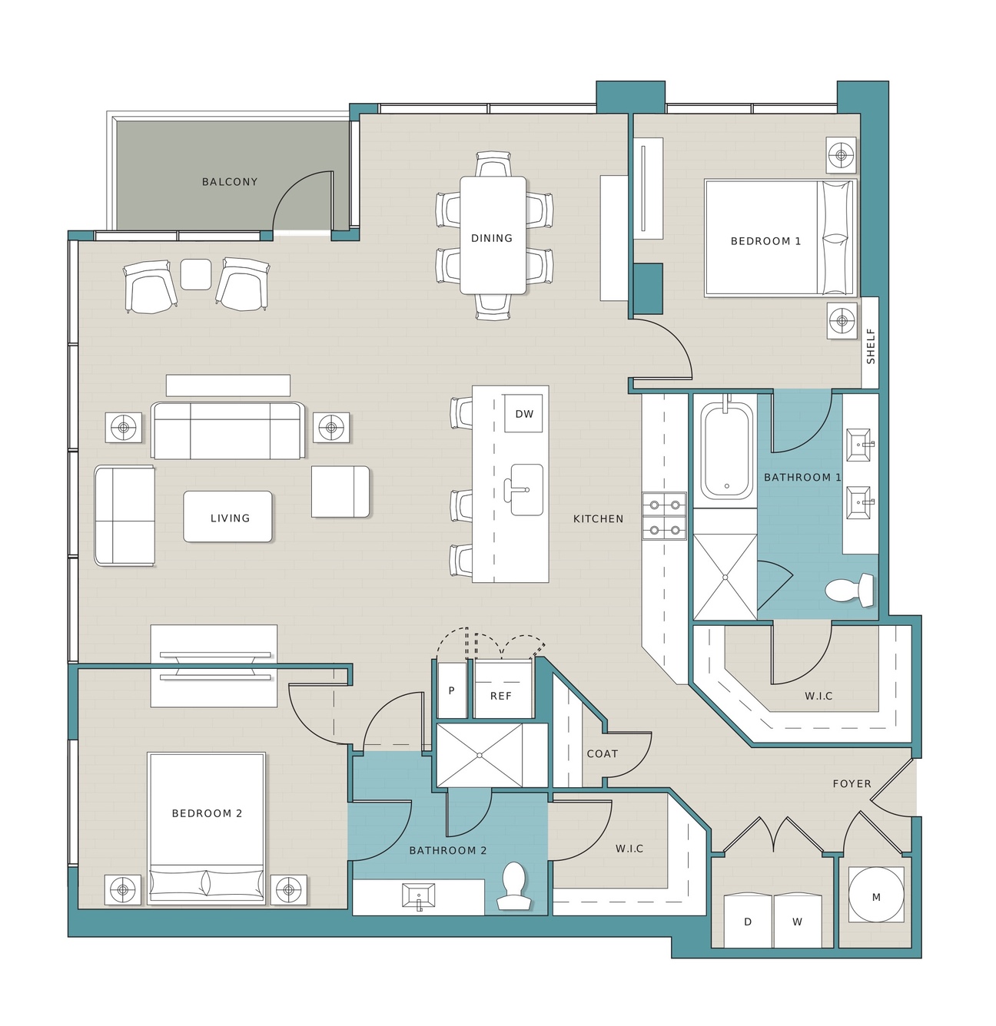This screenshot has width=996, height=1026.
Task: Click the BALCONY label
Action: [x=230, y=182]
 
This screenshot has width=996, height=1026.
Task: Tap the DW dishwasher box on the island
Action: [x=523, y=414]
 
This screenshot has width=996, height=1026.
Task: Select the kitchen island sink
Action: [x=526, y=490]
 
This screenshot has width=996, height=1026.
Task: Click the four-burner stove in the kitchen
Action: [x=664, y=516]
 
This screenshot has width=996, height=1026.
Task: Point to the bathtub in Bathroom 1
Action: [x=726, y=451]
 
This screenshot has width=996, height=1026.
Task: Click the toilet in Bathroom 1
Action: [x=848, y=590]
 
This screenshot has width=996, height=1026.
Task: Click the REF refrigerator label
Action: [x=500, y=696]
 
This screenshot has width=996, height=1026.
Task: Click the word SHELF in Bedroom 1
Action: [x=871, y=346]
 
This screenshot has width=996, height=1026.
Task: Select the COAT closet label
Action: [x=602, y=754]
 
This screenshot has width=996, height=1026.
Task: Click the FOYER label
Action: [x=852, y=784]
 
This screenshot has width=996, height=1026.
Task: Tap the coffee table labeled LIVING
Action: [x=228, y=517]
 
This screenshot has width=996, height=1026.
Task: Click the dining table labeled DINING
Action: [x=493, y=235]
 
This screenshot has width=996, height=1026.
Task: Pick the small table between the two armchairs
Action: [x=196, y=274]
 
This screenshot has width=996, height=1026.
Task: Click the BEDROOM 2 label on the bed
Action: [x=207, y=813]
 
